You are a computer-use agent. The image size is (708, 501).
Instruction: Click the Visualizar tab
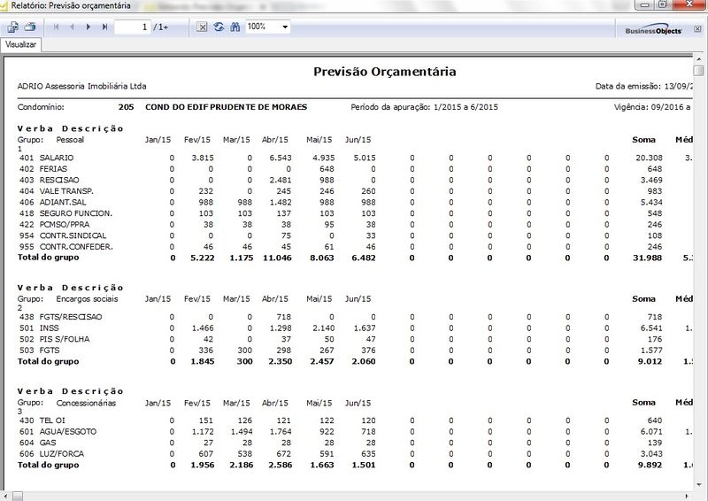(19, 43)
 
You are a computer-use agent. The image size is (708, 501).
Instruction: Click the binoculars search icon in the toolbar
(235, 27)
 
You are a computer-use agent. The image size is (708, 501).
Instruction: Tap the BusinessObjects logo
(653, 29)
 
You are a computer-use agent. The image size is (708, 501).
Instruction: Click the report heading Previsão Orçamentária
(385, 72)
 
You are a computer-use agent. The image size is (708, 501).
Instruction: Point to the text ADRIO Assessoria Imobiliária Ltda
(82, 87)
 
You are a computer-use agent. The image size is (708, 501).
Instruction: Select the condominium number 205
(125, 107)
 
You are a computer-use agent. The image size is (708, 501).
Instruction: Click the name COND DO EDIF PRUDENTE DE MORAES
(227, 107)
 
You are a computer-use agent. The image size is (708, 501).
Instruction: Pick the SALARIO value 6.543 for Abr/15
(279, 158)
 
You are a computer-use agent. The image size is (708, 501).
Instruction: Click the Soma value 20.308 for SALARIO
(649, 158)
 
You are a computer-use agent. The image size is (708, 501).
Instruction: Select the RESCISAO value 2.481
(279, 180)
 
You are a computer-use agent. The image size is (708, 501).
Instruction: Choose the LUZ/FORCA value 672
(283, 453)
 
